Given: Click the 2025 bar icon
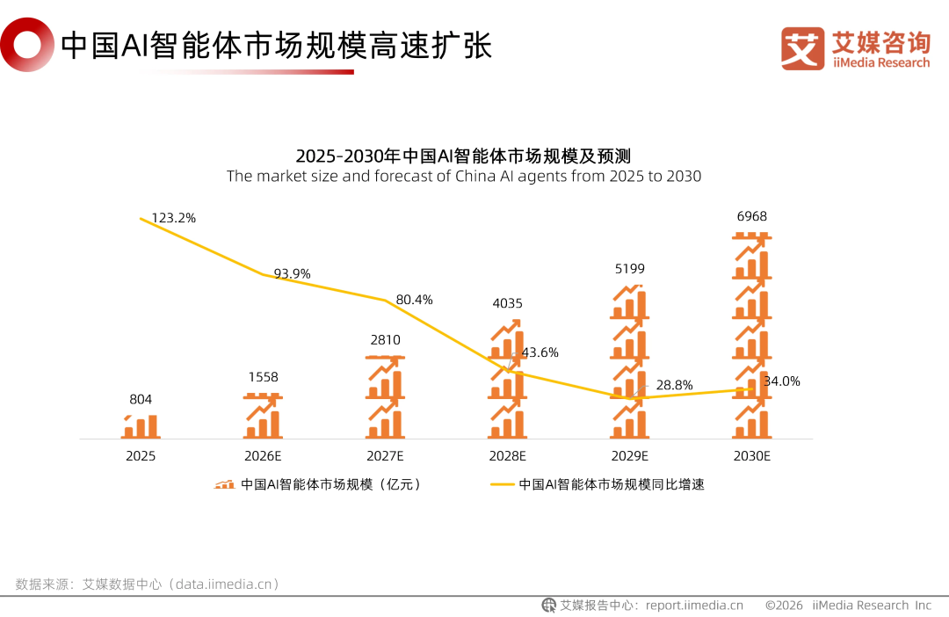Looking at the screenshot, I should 141,426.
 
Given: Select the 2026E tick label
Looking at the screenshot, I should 263,456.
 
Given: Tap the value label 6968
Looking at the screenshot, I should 752,216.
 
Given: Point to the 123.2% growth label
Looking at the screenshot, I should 173,217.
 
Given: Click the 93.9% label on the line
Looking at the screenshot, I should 292,273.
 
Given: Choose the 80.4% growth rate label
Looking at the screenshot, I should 414,300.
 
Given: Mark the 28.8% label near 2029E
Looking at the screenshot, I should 674,385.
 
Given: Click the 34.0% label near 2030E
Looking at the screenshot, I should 782,381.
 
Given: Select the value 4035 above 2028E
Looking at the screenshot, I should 507,304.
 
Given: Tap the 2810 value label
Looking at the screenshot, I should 385,340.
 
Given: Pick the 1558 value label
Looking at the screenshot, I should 263,377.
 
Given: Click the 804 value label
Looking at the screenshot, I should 141,400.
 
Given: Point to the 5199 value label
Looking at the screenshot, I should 629,269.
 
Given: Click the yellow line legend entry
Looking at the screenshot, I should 598,483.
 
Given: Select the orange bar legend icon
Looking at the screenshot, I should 225,483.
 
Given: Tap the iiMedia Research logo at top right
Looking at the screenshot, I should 855,48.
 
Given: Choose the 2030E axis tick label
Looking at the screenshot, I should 751,456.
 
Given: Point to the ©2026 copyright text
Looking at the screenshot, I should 784,605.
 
